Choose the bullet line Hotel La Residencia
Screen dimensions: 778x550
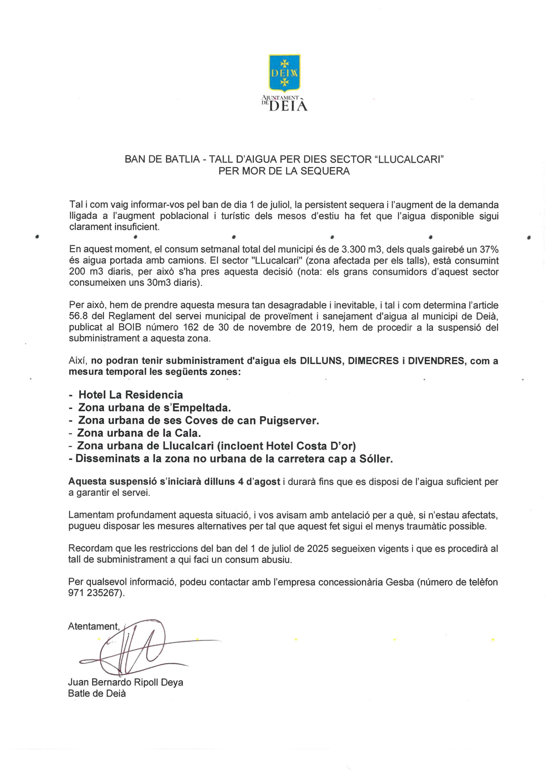pos(130,395)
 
